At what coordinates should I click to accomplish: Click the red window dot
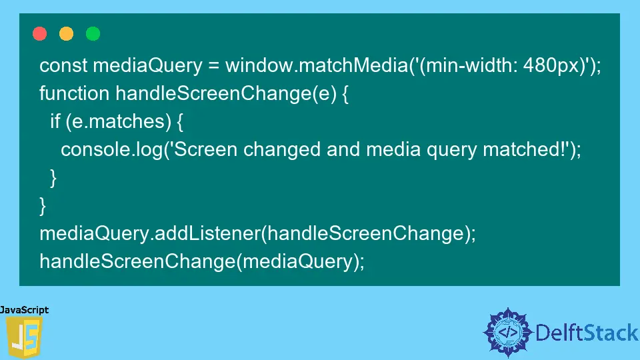tap(39, 33)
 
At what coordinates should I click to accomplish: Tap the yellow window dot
tap(66, 33)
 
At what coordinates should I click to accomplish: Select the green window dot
tap(93, 33)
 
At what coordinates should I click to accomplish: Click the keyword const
tap(63, 65)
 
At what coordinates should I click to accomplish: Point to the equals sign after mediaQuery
tap(213, 66)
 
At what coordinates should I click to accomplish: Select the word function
tap(74, 93)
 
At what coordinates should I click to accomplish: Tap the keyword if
tap(55, 121)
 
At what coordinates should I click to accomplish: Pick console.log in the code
tap(111, 149)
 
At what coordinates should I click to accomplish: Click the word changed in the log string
tap(281, 149)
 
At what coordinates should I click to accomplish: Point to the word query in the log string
tap(451, 150)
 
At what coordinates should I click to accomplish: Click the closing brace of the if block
tap(53, 177)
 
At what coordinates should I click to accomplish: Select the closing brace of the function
tap(43, 205)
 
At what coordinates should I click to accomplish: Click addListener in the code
tap(208, 233)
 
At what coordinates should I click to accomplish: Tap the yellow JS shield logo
tap(24, 337)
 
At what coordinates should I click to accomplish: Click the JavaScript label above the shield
tap(25, 310)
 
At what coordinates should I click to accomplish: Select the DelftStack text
tap(587, 333)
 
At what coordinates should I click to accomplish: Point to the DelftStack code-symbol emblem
tap(508, 332)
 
